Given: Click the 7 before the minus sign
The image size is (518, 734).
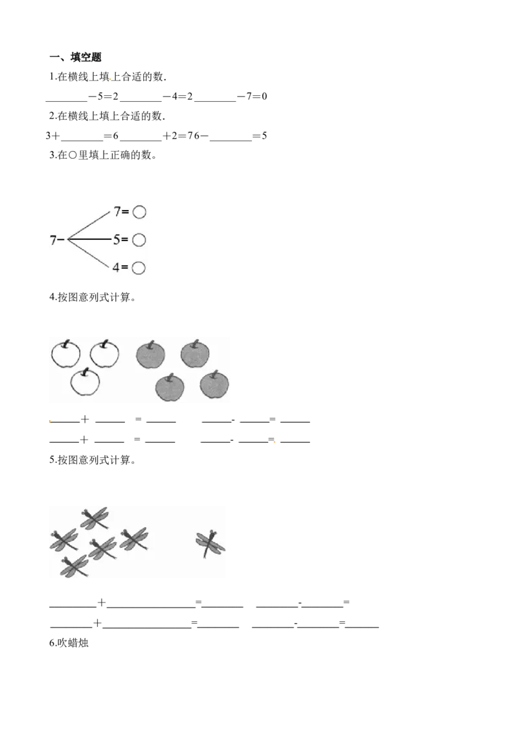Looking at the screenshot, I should click(x=54, y=240).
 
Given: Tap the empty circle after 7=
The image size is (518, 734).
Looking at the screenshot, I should click(x=139, y=212).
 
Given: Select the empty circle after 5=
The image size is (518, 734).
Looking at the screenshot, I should click(x=139, y=240).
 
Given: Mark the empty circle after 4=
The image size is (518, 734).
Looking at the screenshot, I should click(x=139, y=267).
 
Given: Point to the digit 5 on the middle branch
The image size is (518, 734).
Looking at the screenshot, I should click(x=117, y=240).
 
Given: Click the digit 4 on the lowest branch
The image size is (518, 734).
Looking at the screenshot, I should click(x=116, y=267).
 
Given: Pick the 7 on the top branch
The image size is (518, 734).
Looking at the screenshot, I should click(x=117, y=211).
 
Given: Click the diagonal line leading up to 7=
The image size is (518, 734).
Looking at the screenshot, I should click(x=89, y=226).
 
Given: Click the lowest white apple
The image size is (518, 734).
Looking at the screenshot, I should click(x=85, y=382).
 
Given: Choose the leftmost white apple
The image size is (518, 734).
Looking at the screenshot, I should click(x=66, y=354).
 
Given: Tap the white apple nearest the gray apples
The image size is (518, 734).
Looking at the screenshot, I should click(x=104, y=354).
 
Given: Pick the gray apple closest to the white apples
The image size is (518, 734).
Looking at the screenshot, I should click(x=150, y=355).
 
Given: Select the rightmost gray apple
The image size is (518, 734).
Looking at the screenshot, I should click(x=214, y=385).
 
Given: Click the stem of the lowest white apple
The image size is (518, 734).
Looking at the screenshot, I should click(x=85, y=372).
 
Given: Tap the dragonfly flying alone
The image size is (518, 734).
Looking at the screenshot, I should click(x=210, y=543).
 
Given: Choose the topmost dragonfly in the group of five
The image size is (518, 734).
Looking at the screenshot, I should click(x=95, y=517).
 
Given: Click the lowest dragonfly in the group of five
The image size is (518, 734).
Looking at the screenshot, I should click(x=74, y=566).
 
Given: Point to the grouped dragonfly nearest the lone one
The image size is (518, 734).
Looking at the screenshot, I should click(x=134, y=538).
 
